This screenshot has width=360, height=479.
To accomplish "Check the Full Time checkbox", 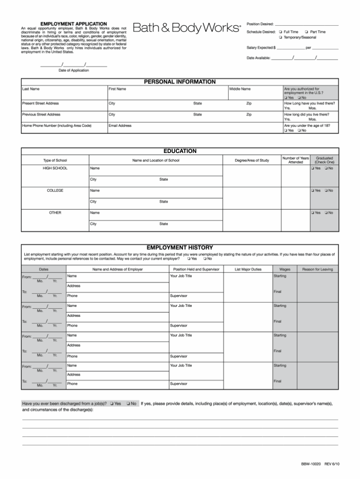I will [280, 32].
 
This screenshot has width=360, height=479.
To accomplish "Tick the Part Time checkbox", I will [307, 32].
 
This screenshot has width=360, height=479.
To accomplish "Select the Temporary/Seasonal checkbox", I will [280, 37].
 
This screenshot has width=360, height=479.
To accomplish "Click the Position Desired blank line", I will [306, 24].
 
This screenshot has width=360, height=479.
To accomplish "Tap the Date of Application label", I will [74, 70].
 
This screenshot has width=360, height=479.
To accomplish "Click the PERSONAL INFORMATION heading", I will [180, 82].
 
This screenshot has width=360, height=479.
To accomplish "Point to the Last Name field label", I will [31, 89].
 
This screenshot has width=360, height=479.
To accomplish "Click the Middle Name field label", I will [240, 89].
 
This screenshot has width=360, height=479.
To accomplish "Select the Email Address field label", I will [120, 125].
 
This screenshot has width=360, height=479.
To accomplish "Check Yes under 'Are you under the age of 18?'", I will [286, 130].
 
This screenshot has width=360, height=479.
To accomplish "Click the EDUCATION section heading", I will [180, 151].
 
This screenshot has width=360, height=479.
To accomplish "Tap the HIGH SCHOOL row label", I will [55, 168].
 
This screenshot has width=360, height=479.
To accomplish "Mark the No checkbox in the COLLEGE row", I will [326, 190].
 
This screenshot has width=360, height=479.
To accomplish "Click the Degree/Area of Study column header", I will [252, 160].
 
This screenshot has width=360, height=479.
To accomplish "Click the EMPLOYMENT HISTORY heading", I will [180, 247].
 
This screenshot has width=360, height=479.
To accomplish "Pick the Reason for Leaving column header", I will [317, 269].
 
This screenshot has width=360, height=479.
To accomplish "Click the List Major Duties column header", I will [248, 269].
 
